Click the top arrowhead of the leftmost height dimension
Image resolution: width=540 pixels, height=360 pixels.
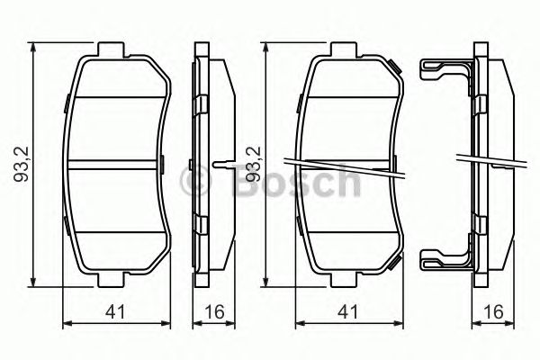click(35, 45)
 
